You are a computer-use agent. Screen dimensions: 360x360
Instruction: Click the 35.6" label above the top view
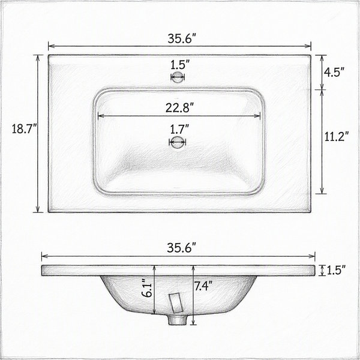coord(182,38)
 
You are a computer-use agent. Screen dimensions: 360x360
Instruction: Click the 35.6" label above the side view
coord(181,248)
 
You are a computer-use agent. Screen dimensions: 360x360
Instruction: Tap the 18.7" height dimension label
coord(25,128)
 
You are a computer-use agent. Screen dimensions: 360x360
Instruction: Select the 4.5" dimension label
coord(334,73)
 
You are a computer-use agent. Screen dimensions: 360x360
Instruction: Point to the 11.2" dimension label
coord(337,137)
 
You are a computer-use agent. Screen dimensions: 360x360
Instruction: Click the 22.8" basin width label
coord(180,107)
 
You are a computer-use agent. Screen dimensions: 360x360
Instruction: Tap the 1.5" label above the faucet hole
coord(180,65)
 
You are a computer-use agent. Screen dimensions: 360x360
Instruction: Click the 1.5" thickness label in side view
coord(336,271)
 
